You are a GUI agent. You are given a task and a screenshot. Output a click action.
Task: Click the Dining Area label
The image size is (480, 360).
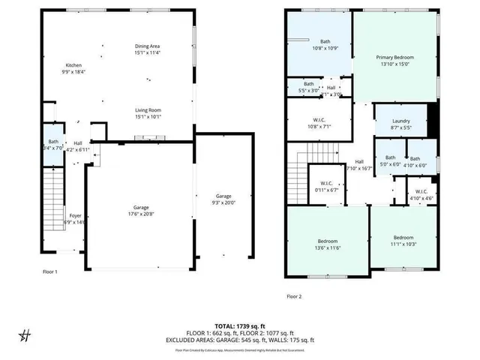click(x=147, y=46)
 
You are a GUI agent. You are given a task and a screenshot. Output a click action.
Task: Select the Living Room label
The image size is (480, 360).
click(x=147, y=110)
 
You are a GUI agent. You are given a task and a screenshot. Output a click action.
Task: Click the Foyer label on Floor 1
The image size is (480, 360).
click(x=55, y=215)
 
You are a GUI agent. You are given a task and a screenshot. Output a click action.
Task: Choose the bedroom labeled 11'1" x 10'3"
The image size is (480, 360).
click(x=403, y=244)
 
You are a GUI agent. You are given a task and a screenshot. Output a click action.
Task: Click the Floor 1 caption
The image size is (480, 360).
click(x=50, y=271)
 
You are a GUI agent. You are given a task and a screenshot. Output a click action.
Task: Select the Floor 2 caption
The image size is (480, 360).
click(x=294, y=297)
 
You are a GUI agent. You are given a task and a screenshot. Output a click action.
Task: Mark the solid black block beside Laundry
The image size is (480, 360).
click(x=431, y=119)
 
